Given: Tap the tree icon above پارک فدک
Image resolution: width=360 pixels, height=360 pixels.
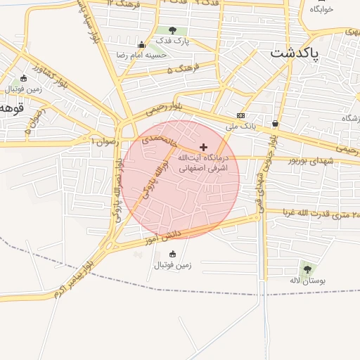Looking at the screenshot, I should tap(172, 30).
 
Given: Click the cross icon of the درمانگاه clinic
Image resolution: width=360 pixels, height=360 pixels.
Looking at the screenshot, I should tap(204, 147).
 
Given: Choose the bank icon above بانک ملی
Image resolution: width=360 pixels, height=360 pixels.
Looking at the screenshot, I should tap(240, 115).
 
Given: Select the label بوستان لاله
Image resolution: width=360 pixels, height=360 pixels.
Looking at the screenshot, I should tap(305, 280).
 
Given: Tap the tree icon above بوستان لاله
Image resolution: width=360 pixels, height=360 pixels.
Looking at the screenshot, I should tap(306, 269).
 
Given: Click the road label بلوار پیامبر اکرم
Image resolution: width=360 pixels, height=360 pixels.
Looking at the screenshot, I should tap(76, 278).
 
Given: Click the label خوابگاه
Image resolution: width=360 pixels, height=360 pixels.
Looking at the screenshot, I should tap(320, 10).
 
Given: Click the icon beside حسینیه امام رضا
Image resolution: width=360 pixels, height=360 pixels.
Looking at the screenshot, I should tap(142, 44).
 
